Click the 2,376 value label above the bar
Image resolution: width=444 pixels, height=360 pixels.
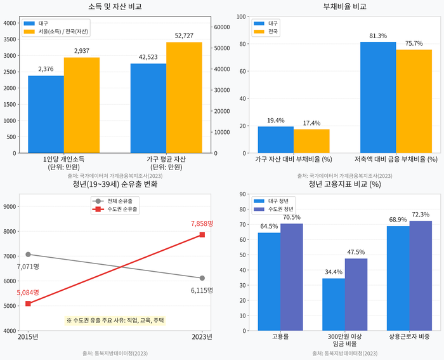(46, 69)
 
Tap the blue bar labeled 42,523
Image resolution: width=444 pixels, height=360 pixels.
(148, 108)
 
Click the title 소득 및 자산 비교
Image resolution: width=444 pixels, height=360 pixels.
(115, 6)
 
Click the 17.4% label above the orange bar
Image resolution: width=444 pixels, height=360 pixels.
(311, 123)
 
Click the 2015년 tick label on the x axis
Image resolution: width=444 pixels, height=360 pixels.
(28, 337)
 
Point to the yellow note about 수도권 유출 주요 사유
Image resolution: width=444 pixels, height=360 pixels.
(115, 321)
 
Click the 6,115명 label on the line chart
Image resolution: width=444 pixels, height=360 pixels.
(202, 290)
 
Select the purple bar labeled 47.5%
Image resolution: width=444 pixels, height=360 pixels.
(356, 295)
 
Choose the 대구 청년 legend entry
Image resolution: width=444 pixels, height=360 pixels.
(279, 201)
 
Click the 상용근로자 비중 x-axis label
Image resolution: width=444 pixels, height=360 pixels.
(409, 337)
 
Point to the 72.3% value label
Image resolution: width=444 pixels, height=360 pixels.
(421, 215)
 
